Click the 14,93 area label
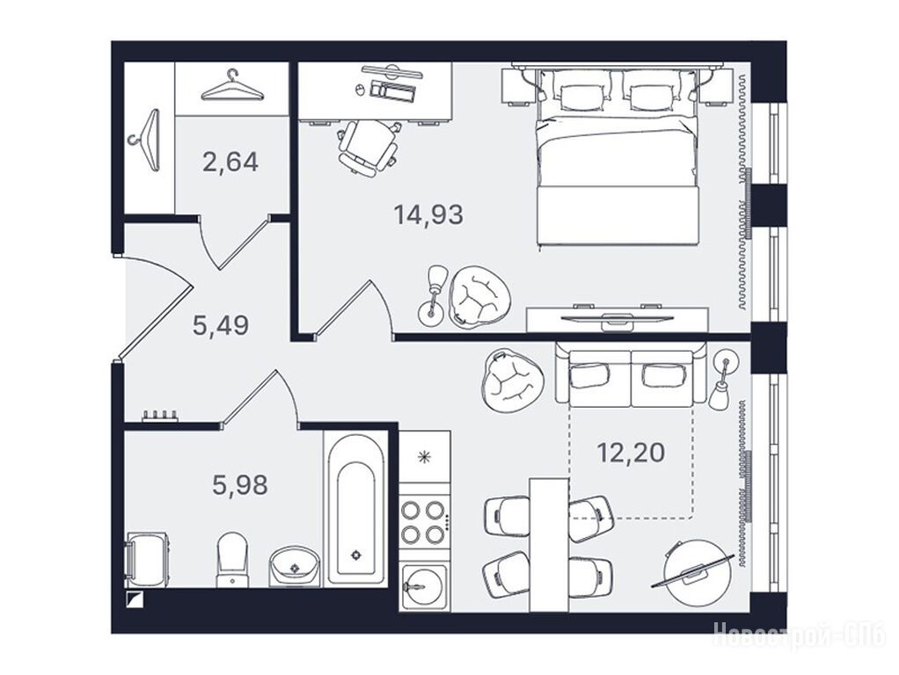428,214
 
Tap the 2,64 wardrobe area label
230,162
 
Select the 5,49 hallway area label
221,325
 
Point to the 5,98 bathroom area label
240,485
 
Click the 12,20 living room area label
632,453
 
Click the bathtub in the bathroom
355,508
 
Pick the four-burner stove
424,521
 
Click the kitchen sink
424,586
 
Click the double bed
618,158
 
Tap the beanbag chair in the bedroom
479,296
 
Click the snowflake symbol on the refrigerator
424,457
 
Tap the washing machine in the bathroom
146,559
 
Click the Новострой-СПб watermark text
799,635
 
